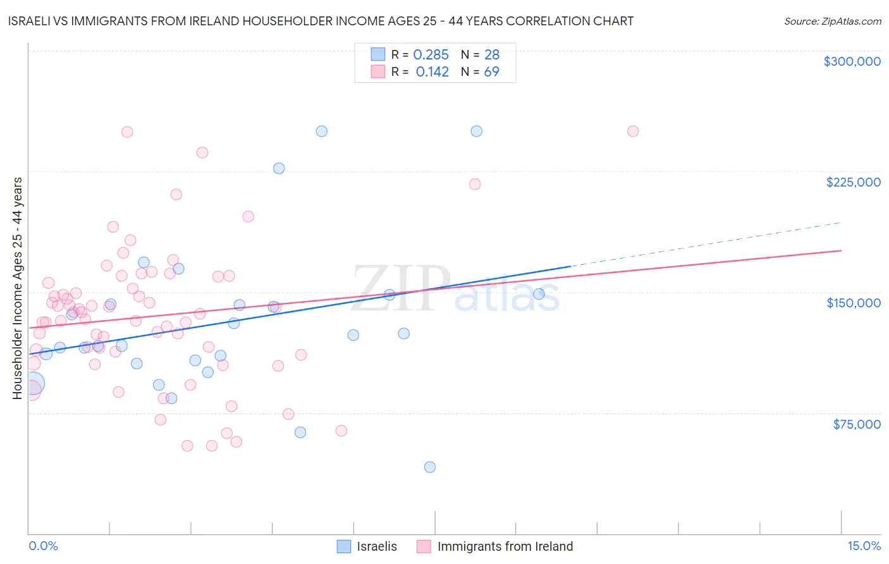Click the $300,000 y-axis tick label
tap(852, 61)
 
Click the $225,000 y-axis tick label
tap(853, 182)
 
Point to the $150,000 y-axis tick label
tap(853, 303)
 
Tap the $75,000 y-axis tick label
tap(856, 424)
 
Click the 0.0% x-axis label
tap(43, 546)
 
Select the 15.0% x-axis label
tap(864, 546)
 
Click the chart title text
tap(321, 21)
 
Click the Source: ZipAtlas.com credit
tap(832, 21)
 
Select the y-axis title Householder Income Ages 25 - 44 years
tap(18, 288)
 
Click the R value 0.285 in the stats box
tap(431, 55)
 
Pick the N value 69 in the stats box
tap(491, 72)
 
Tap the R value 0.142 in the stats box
tap(432, 72)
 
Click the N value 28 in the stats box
tap(491, 55)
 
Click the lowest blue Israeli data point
tap(430, 467)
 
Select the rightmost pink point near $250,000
tap(633, 132)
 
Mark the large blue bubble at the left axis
tap(33, 384)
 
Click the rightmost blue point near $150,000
tap(539, 294)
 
